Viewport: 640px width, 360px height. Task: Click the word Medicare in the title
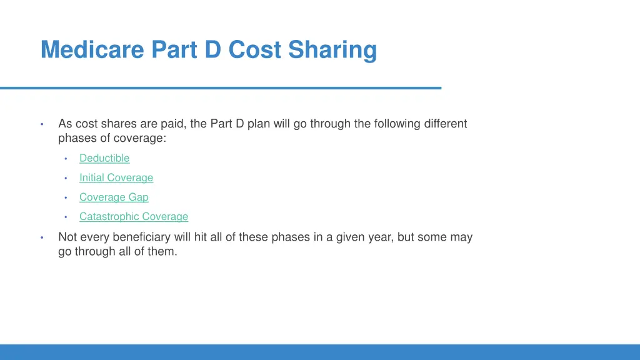point(92,49)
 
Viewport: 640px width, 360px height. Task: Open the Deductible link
point(104,159)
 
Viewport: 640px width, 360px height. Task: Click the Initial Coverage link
point(116,178)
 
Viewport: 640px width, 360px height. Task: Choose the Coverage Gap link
point(114,197)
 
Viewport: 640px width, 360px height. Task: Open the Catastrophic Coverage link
point(134,217)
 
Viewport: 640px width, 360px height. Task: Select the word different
point(445,124)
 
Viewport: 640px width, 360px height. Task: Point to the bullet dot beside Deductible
point(66,159)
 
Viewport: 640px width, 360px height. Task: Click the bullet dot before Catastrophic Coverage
point(66,217)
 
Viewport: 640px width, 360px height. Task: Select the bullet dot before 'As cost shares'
point(41,124)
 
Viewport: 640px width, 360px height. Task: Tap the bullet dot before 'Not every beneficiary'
point(41,237)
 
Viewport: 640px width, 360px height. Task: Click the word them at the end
point(163,252)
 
